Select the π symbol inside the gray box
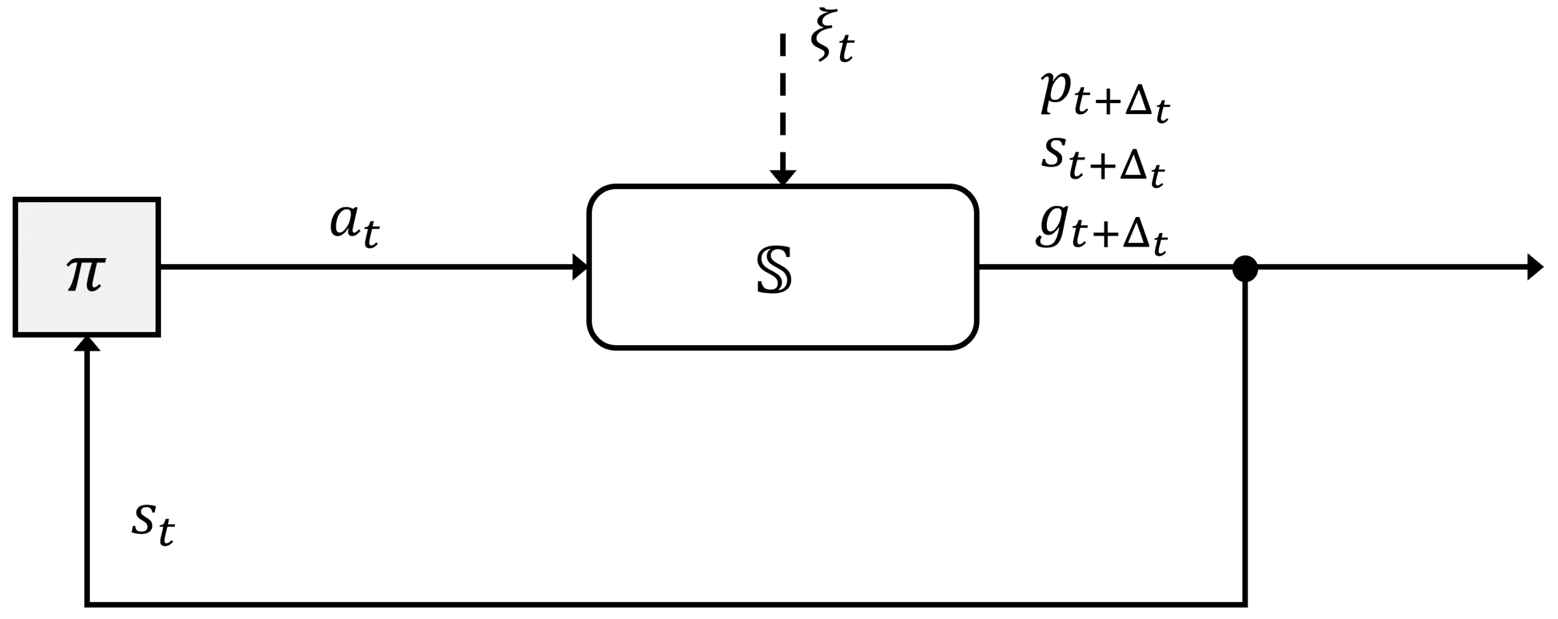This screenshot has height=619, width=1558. (x=86, y=273)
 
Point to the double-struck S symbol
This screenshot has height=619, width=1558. (x=774, y=270)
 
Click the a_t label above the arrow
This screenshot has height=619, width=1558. (x=354, y=226)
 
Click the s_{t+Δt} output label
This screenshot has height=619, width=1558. (x=1103, y=161)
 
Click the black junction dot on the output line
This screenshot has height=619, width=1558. (x=1245, y=268)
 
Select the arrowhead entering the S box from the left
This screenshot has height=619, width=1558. (x=580, y=267)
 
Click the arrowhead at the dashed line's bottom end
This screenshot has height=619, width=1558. (x=783, y=176)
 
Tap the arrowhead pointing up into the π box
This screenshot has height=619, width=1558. (x=87, y=344)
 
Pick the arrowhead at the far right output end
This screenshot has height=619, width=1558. (x=1534, y=267)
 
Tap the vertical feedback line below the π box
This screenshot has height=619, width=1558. (x=87, y=472)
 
